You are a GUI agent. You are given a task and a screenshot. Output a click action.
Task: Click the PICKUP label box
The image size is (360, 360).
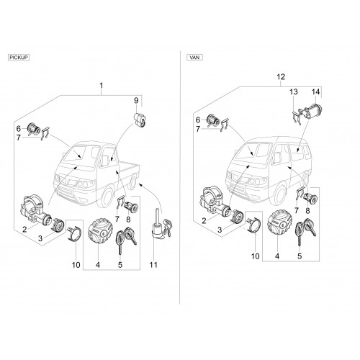pos(19,58)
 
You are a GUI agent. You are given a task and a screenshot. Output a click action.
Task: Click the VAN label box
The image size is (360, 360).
pos(194,58)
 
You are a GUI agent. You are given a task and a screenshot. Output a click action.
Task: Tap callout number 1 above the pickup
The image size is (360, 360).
pos(102,86)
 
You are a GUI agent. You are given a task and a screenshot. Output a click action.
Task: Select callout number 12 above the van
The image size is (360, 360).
pos(281,77)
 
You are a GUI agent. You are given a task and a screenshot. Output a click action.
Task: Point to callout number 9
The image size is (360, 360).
pos(136,100)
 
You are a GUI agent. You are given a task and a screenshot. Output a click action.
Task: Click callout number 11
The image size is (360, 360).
pos(153,265)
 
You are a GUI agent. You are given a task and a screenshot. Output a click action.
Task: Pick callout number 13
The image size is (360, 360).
pos(294,91)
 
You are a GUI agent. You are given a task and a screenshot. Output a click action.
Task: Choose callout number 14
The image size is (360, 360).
pos(315,91)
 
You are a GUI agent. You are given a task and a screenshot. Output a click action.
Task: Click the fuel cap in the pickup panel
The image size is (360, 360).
pos(100,232)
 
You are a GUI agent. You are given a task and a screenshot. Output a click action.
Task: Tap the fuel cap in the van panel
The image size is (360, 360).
pos(279,224)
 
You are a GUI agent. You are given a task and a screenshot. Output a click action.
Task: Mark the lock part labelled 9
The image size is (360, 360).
pos(140,120)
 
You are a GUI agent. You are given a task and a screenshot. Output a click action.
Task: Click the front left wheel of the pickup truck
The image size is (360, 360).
pos(107,197)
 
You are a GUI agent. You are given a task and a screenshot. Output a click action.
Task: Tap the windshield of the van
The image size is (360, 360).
pos(253,150)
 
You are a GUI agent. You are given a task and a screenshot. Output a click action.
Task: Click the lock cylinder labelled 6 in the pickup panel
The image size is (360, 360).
pos(34,129)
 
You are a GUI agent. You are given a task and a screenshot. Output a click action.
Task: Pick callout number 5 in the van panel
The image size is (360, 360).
pos(300,256)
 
